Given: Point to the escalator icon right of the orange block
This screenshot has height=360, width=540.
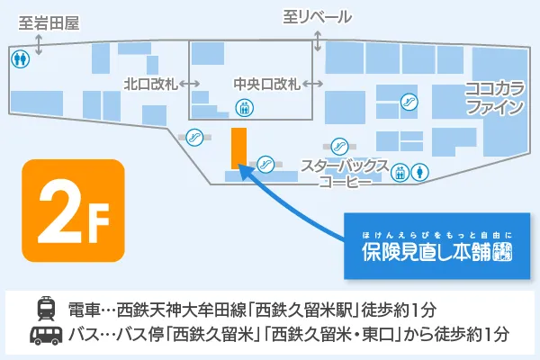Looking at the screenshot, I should pyautogui.click(x=265, y=163).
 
